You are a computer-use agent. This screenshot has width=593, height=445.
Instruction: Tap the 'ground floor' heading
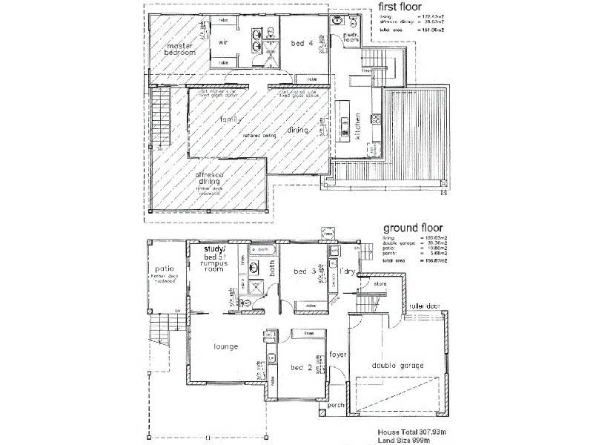(x=413, y=229)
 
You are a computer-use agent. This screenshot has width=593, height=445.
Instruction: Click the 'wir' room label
(x=222, y=42)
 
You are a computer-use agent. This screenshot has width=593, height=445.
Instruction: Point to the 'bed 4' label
(x=299, y=42)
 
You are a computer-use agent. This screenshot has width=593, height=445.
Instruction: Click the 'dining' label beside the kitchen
(x=308, y=131)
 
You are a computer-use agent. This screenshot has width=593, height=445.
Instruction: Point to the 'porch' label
(x=336, y=405)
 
